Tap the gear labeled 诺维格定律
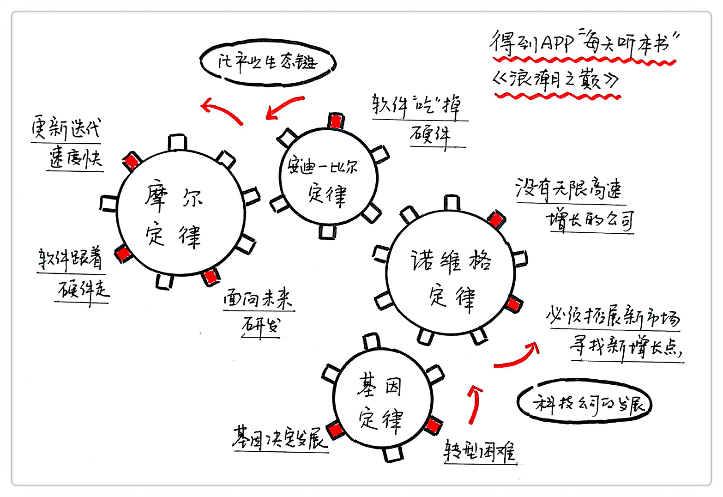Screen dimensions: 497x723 (450, 273)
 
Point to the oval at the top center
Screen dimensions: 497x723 (267, 62)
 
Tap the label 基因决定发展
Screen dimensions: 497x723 (280, 437)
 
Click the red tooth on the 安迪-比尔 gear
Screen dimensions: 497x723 (336, 121)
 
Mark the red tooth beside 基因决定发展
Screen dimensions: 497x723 (335, 430)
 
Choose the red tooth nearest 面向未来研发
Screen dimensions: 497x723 (211, 276)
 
